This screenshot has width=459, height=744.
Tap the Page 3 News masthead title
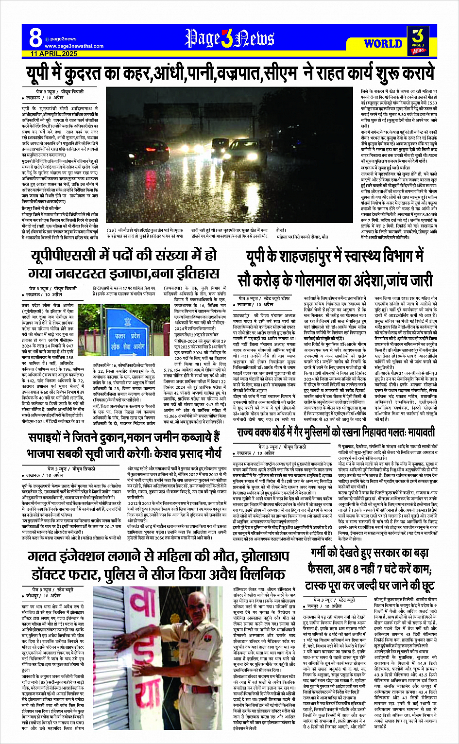[229, 38]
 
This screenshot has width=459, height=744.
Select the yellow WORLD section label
[383, 44]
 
